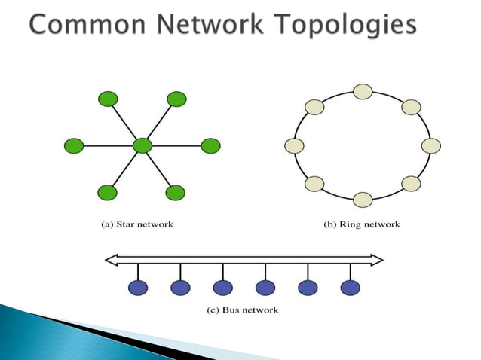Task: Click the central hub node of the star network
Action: click(x=142, y=145)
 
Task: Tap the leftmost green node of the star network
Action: click(x=74, y=145)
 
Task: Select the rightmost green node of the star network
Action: click(x=210, y=145)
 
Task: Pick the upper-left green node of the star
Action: click(x=108, y=99)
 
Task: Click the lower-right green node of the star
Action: click(x=176, y=192)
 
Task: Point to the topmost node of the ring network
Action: click(x=363, y=92)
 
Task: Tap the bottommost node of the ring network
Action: click(x=363, y=200)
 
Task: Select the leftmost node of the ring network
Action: click(x=295, y=145)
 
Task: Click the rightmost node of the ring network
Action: click(x=430, y=145)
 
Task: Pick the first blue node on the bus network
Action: click(x=138, y=287)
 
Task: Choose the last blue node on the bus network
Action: click(x=351, y=287)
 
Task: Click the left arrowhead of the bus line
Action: click(x=111, y=260)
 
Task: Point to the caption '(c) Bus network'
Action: click(x=243, y=310)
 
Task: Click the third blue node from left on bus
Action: click(x=223, y=287)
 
